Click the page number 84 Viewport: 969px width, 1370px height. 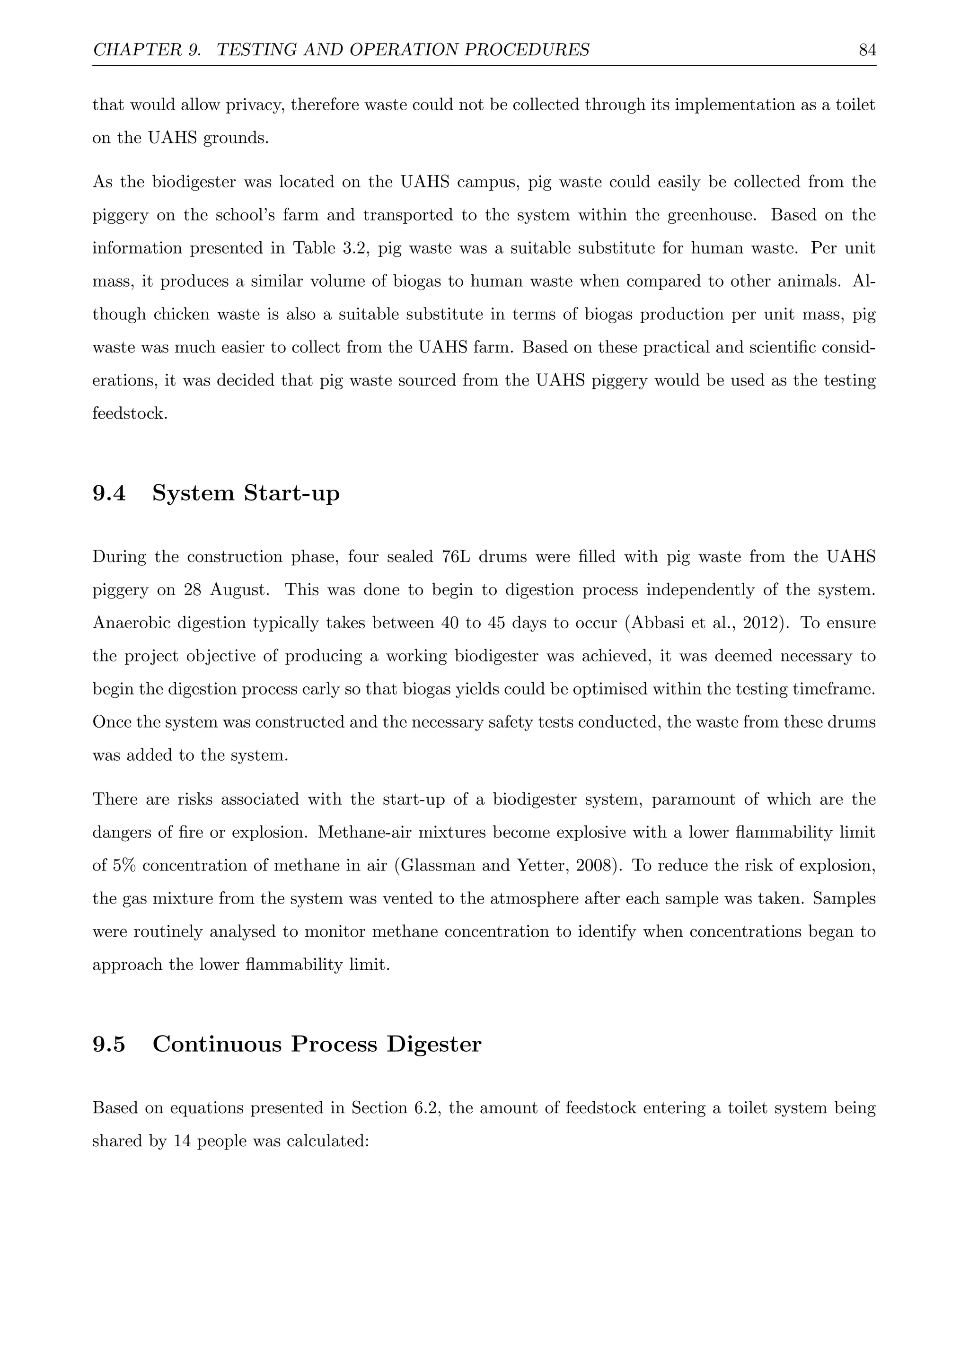click(x=867, y=50)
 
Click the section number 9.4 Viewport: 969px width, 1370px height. click(x=109, y=493)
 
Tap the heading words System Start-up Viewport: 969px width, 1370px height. click(x=246, y=493)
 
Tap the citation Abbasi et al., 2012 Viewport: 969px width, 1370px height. click(x=708, y=624)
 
